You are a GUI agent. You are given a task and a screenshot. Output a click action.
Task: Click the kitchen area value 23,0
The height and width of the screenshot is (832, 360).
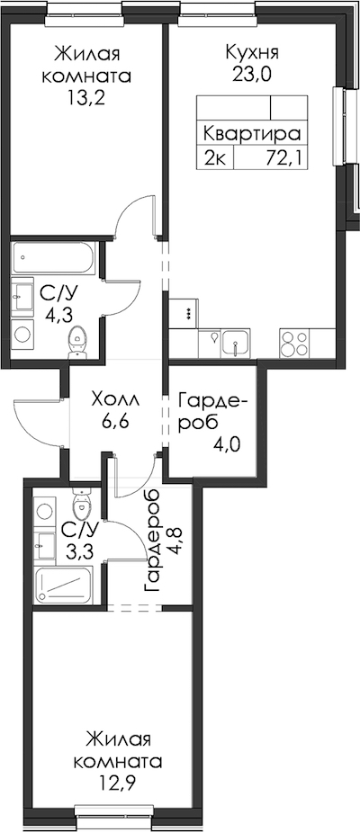click(x=251, y=74)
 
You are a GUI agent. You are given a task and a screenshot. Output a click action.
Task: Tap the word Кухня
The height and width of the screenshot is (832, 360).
click(x=252, y=53)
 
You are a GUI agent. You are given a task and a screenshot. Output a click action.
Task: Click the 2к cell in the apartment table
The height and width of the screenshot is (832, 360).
click(x=216, y=157)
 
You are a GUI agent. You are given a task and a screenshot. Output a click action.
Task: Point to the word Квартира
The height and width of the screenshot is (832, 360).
click(x=252, y=132)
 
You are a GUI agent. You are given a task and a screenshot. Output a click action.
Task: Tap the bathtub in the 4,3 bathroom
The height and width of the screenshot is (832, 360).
click(x=54, y=258)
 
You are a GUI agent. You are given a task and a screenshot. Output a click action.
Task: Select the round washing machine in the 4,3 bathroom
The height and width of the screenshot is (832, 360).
click(x=23, y=334)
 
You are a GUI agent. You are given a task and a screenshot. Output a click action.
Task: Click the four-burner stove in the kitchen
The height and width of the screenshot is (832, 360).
click(x=293, y=344)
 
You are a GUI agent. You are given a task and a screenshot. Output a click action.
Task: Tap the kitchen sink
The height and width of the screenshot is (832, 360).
click(x=235, y=344)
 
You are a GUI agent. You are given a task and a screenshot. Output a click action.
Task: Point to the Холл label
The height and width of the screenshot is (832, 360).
click(x=114, y=398)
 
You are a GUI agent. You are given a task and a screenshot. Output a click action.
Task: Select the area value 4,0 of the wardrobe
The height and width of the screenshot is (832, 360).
click(x=227, y=443)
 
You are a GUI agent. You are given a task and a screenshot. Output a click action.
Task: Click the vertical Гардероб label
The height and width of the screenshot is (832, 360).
click(x=152, y=541)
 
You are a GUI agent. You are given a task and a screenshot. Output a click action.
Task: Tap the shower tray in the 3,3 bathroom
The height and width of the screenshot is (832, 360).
click(x=64, y=584)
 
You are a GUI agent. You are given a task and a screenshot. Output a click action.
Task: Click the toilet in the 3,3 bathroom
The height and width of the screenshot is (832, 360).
click(x=81, y=505)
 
